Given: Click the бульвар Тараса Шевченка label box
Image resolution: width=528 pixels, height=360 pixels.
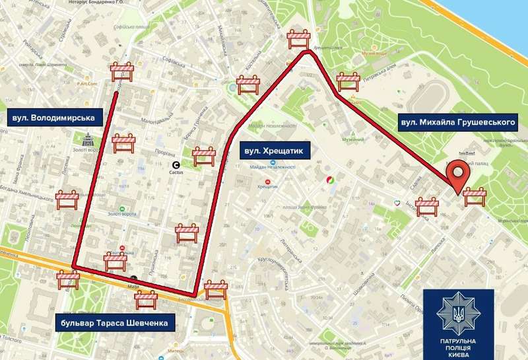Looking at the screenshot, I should (115, 323).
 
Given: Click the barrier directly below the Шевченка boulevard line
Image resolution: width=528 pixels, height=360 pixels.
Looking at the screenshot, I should (145, 301).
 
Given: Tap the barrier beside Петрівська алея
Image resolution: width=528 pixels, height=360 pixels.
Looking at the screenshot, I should (348, 81).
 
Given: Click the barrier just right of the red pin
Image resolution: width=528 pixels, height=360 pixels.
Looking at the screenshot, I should (475, 196).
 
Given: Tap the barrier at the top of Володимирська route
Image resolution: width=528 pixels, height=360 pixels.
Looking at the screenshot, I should (123, 72).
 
